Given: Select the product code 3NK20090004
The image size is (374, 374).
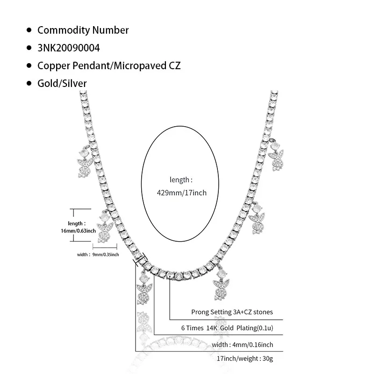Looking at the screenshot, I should click(x=68, y=48).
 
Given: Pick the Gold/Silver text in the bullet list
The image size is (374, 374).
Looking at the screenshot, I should click(x=62, y=84).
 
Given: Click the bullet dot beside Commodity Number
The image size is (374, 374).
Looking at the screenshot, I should click(x=29, y=30).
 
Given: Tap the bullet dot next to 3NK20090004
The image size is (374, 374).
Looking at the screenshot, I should click(x=29, y=48).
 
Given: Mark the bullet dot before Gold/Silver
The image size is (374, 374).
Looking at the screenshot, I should click(x=29, y=84).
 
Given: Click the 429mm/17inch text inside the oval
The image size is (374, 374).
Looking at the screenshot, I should click(x=181, y=192).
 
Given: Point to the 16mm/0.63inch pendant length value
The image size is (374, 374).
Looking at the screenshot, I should click(x=82, y=230).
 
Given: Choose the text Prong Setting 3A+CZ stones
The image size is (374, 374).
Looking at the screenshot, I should click(x=232, y=312).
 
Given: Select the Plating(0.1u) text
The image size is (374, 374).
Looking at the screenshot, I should click(x=254, y=328).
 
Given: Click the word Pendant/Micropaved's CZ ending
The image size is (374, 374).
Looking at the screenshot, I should click(x=174, y=66).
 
